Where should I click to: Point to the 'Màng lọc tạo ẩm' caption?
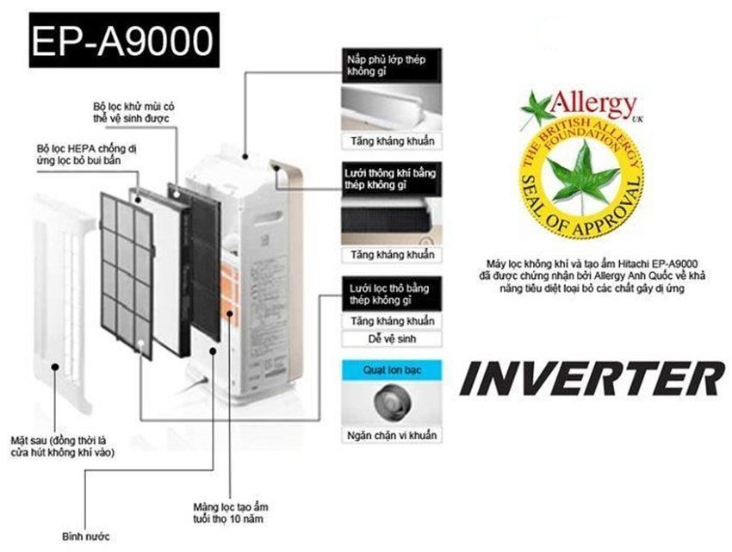click(x=231, y=512)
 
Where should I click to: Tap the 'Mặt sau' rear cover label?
click(x=64, y=445)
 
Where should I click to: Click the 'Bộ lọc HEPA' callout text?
click(x=90, y=154)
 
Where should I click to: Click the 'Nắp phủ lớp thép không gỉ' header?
click(x=387, y=65)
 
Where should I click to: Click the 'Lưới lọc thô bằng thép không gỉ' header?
click(x=388, y=294)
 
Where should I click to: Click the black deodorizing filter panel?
click(x=204, y=258)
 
